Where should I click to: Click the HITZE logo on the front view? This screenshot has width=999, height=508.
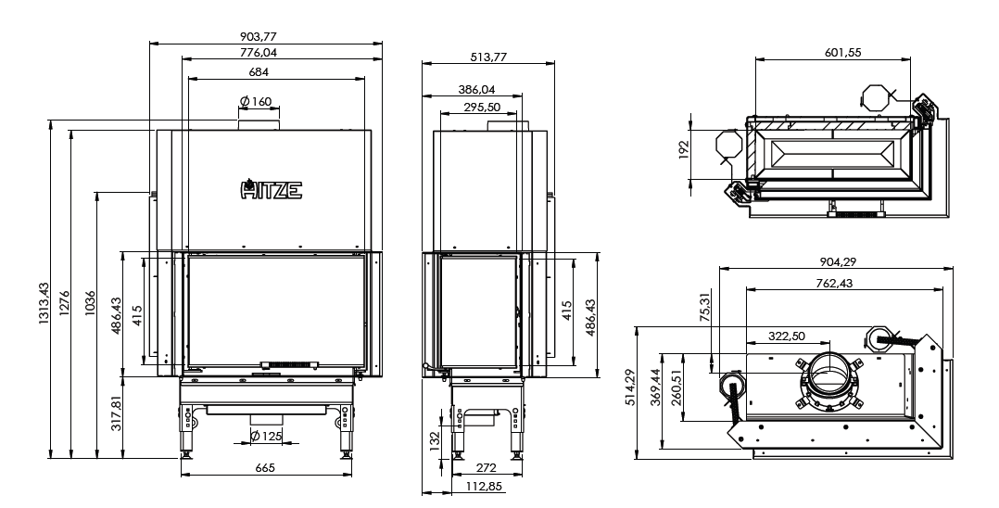tap(272, 189)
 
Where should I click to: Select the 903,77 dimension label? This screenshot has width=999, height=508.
tap(259, 37)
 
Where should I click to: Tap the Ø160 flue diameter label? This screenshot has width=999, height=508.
tap(256, 101)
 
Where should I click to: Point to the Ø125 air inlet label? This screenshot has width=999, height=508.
tap(266, 436)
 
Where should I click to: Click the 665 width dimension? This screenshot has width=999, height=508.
tap(265, 468)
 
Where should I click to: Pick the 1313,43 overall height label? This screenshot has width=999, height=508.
tap(44, 303)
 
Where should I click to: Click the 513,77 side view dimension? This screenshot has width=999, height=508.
tap(488, 57)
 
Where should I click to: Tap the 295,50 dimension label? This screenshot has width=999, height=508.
tap(482, 108)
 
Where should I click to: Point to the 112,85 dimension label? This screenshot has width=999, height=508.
tap(483, 487)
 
